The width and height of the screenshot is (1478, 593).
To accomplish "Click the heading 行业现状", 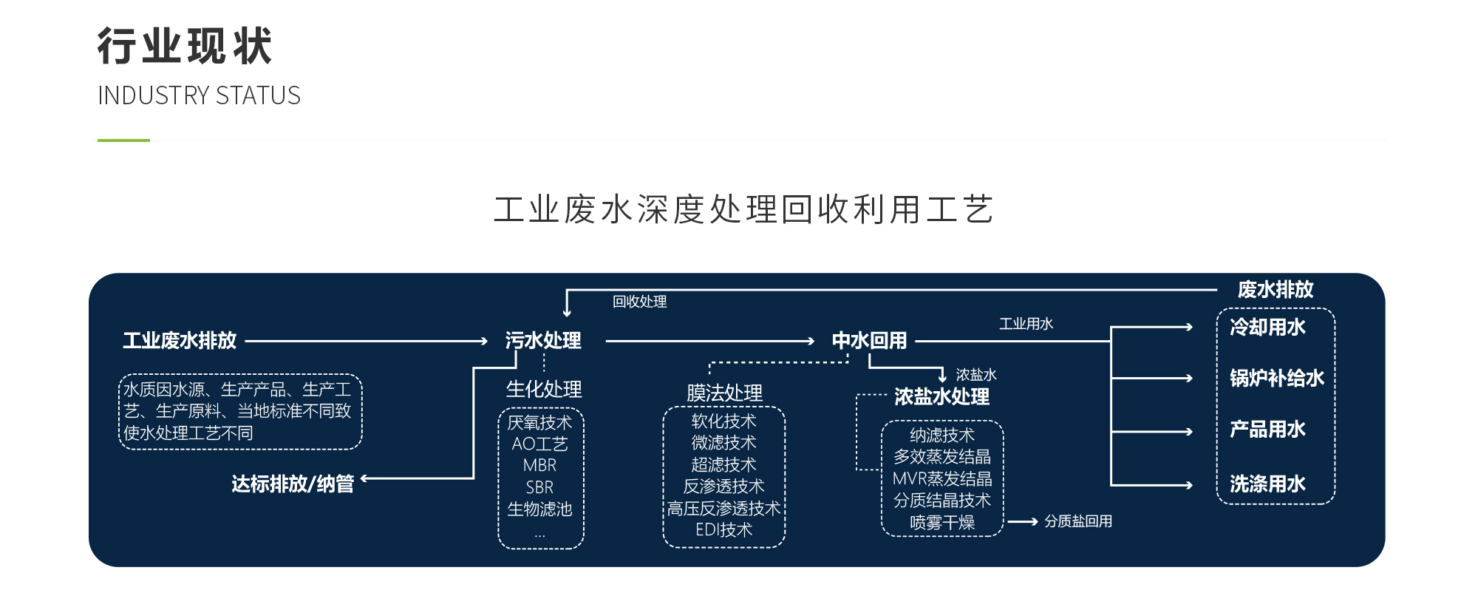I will click(185, 46).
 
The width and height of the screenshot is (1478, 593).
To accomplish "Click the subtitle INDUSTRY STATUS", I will click(199, 96).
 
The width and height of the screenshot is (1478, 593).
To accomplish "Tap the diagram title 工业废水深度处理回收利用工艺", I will click(743, 209).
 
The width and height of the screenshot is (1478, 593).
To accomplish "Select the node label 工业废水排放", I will click(180, 341).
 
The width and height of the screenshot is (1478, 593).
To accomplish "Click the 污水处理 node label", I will click(543, 341).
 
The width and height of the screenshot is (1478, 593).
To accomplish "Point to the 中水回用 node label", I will click(869, 341).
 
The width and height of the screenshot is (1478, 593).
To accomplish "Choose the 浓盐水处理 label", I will click(941, 397).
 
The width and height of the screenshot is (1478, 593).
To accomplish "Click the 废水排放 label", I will click(1276, 290).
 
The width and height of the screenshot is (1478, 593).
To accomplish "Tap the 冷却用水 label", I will click(1267, 328).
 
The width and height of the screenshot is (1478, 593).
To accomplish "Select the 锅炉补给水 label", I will click(1277, 379).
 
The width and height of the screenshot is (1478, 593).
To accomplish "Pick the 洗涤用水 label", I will click(1267, 484).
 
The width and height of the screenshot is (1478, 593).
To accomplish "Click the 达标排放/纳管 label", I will click(293, 484).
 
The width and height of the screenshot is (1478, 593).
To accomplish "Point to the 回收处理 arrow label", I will click(640, 302).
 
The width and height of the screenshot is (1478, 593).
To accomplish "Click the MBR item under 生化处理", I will click(539, 466).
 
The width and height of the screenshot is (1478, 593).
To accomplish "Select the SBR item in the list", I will click(539, 488).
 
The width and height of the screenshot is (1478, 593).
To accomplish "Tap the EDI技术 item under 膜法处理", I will click(723, 530).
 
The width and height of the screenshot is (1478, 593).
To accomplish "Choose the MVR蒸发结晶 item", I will click(942, 479).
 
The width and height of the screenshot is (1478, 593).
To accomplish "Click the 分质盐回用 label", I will click(1078, 522).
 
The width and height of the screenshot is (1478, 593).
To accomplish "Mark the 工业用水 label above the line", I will click(1026, 324).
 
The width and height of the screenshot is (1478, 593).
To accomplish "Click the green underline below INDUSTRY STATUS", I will click(123, 140).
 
